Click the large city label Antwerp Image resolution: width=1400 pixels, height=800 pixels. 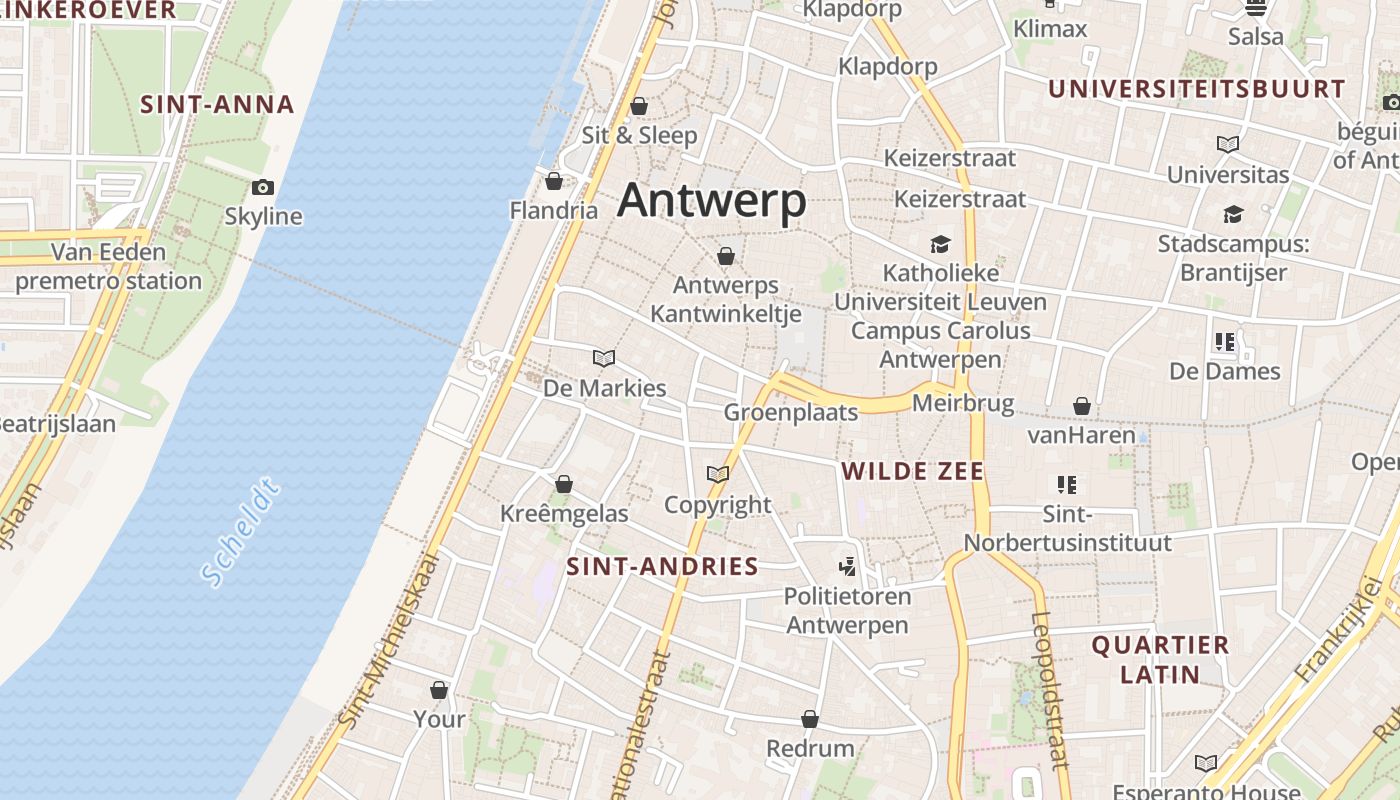tap(712, 201)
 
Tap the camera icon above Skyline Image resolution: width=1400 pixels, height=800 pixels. tap(263, 187)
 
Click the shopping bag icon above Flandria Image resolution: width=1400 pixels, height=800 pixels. tap(554, 181)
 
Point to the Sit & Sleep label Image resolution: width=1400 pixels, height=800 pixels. tap(640, 135)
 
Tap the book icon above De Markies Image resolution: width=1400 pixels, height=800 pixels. tap(603, 358)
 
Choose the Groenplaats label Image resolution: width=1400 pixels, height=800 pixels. tap(791, 412)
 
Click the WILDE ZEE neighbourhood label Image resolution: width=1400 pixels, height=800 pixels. tap(913, 471)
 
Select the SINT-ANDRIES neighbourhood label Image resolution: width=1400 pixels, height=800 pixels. tap(663, 567)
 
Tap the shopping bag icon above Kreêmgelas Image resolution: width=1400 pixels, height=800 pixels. tap(564, 484)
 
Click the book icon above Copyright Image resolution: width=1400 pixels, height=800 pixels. tap(717, 474)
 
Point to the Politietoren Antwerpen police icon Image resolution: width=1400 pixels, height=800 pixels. tap(847, 567)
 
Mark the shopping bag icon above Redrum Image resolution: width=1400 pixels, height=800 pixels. tap(810, 719)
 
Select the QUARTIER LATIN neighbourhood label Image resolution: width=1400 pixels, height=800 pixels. tap(1160, 659)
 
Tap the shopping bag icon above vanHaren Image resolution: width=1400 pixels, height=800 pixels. tap(1081, 406)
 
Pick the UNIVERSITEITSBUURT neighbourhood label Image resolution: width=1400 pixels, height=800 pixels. tap(1197, 89)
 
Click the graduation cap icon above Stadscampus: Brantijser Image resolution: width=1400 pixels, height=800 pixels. tap(1233, 214)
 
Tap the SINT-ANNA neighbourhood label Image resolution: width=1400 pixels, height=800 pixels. tap(217, 104)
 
